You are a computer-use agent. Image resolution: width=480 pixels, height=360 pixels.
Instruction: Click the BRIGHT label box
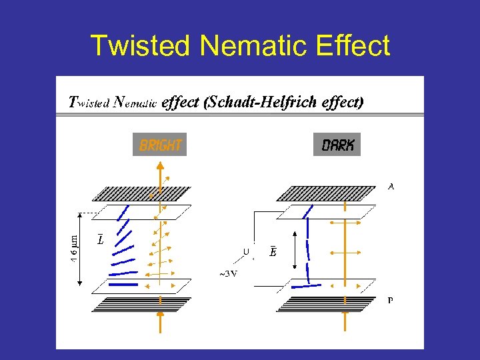(160, 145)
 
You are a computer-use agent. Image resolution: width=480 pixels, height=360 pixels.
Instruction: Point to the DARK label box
(337, 145)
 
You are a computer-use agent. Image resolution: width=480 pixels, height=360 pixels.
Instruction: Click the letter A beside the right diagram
(391, 187)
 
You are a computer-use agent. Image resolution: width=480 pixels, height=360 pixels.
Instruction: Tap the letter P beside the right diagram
(390, 300)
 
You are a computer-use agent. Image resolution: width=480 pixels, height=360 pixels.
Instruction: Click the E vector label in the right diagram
(273, 251)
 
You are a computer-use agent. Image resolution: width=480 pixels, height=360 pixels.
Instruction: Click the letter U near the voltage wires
(246, 252)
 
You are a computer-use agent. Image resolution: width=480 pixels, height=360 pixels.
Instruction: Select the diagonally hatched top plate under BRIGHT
(143, 193)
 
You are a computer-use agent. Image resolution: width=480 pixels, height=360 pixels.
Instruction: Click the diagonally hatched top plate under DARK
(327, 193)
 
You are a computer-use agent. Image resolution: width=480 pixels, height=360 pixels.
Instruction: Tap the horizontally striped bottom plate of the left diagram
(141, 304)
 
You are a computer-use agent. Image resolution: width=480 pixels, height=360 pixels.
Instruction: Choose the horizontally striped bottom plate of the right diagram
(327, 304)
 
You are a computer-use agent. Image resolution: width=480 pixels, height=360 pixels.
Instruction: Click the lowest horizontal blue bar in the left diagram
(122, 285)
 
